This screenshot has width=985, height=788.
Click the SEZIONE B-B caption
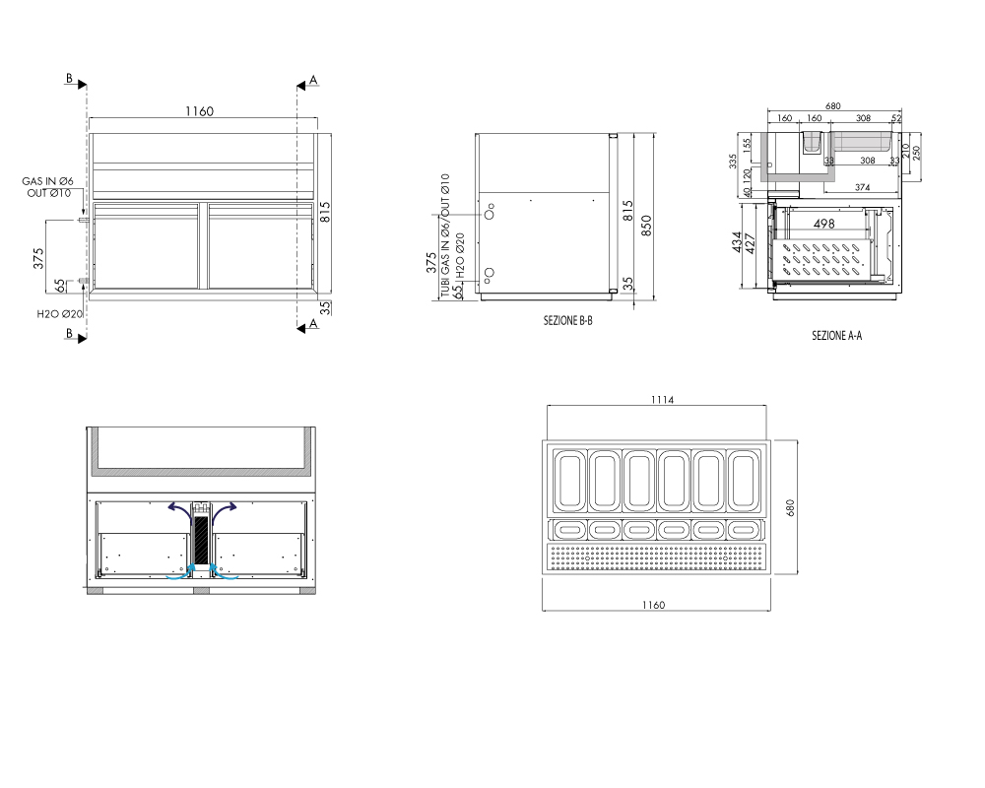point(568,320)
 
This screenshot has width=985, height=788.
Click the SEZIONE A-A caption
point(836,336)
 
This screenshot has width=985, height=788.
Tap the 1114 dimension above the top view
point(662,400)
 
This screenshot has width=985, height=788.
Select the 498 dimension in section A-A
point(823,223)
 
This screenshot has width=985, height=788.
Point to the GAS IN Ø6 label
point(47,181)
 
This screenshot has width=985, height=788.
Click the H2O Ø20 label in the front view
point(60,314)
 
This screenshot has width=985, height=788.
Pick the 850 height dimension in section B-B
point(646,226)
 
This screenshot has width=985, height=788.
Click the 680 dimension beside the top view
point(790,507)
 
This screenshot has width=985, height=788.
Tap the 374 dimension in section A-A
point(863,187)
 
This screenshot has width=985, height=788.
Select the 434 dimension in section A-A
point(738,242)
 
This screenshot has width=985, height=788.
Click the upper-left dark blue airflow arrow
point(180,510)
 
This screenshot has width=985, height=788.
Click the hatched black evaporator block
point(202,540)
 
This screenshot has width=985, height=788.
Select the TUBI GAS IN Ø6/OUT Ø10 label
point(445,235)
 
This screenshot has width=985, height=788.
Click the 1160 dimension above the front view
point(199,111)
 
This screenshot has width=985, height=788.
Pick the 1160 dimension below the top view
point(653,605)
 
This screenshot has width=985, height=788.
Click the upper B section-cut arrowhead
point(83,85)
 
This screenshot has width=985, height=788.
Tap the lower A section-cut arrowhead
point(300,328)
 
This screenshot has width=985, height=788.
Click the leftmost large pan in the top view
point(569,480)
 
